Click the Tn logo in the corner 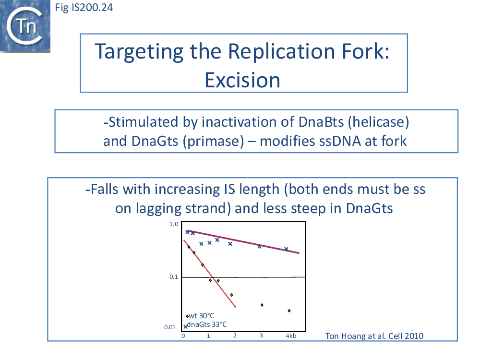tap(25, 26)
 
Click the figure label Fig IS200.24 tap(84, 7)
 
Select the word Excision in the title tap(242, 80)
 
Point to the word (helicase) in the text tap(378, 122)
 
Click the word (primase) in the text tap(214, 141)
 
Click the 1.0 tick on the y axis tap(174, 224)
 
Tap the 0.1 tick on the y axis tap(174, 277)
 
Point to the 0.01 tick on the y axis tap(170, 327)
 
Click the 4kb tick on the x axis tap(291, 336)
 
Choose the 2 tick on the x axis tap(235, 336)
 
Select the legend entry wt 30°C tap(200, 316)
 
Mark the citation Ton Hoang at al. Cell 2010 tap(374, 336)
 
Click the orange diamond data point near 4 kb tap(289, 311)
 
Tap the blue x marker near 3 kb tap(259, 246)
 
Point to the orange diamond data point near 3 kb tap(262, 305)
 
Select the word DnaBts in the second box tap(321, 122)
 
